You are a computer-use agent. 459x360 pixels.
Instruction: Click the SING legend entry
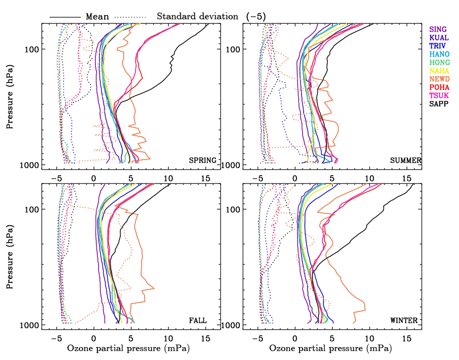tap(438, 29)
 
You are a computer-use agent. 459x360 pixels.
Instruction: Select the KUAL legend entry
tap(439, 38)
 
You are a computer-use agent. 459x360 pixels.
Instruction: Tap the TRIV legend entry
tap(438, 46)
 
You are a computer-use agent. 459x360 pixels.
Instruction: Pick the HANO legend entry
tap(439, 54)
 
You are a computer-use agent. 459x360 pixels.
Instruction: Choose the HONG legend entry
tap(439, 63)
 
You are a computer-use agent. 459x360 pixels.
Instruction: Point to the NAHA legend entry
tap(439, 71)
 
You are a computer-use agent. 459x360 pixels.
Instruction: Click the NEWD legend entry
tap(439, 80)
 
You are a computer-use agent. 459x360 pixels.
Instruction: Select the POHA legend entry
tap(439, 88)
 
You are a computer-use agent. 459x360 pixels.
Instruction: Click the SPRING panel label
tap(202, 161)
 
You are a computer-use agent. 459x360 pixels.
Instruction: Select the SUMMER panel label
tap(405, 161)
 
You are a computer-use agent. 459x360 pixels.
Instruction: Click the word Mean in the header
tap(97, 16)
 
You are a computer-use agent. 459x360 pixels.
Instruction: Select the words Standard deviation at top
tap(198, 16)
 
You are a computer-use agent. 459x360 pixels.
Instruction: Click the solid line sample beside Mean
tap(65, 17)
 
